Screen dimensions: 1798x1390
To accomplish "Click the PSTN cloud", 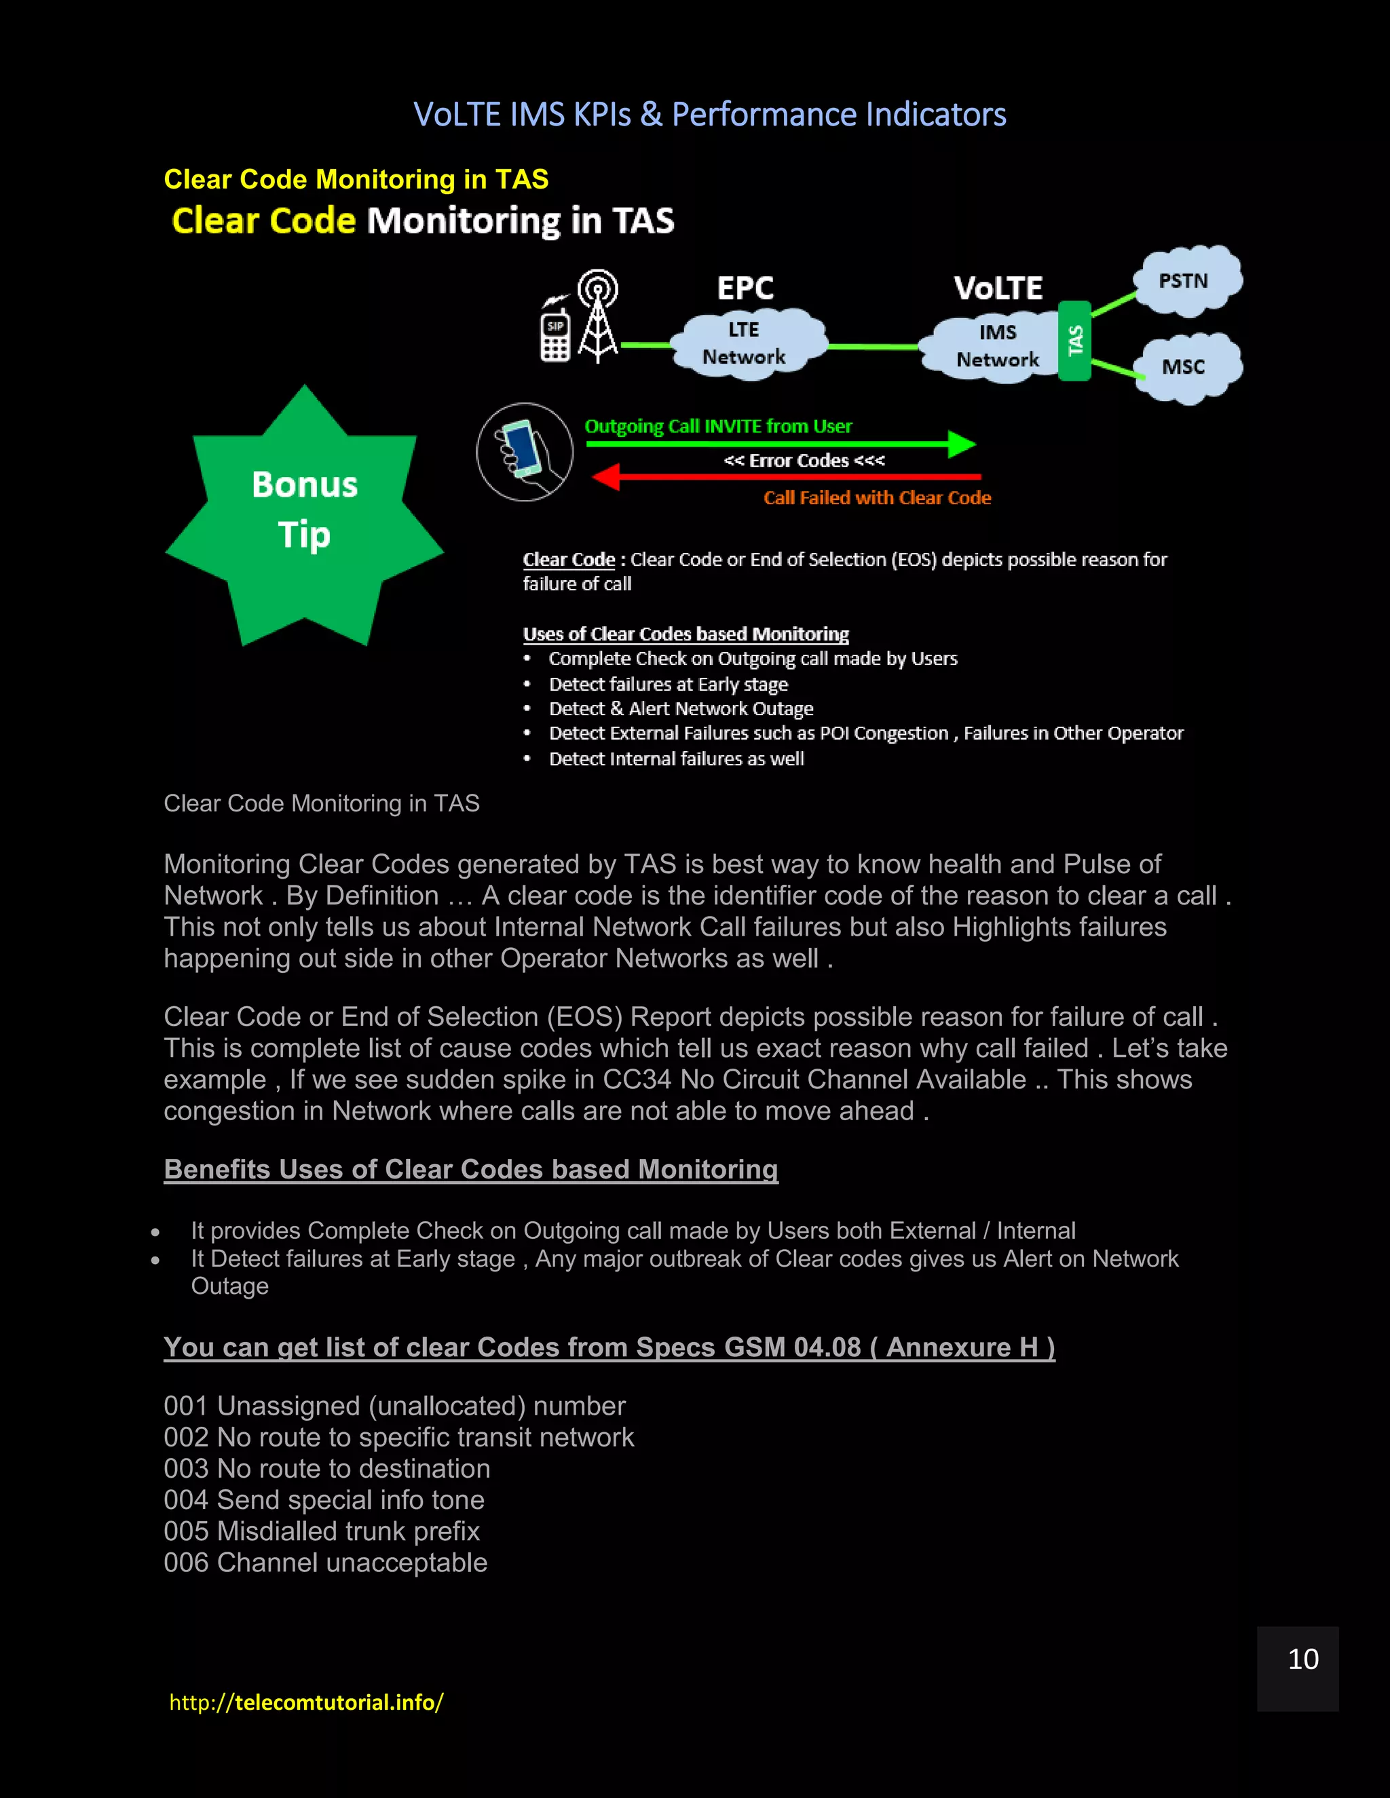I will (1186, 282).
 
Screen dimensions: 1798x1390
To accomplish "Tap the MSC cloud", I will (1186, 367).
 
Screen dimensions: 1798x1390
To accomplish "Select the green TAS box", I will (1074, 341).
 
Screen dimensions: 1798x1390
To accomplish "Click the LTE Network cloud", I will (745, 344).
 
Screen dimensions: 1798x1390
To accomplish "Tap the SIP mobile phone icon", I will (555, 335).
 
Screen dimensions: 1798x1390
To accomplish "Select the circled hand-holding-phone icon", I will (525, 451).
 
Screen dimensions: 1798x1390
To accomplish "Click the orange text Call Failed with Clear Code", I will (877, 498).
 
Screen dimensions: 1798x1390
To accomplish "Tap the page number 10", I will (1302, 1660).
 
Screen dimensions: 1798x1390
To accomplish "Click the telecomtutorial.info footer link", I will (306, 1702).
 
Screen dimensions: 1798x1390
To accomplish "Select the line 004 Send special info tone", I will (324, 1500).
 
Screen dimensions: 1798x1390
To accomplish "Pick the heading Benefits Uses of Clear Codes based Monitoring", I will (470, 1170).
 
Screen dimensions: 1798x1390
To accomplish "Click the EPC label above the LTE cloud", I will (745, 288).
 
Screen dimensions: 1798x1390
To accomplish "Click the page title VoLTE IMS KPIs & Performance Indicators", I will (709, 115).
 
